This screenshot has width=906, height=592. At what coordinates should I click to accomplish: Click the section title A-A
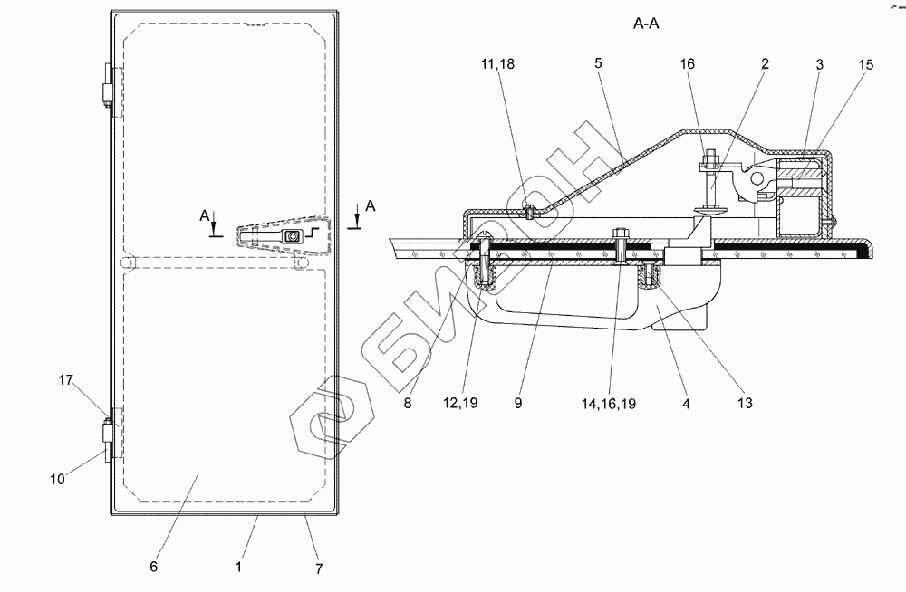click(x=647, y=25)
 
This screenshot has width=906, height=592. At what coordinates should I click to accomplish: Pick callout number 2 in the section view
click(x=765, y=64)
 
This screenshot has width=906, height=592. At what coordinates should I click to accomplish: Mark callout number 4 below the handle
click(x=686, y=404)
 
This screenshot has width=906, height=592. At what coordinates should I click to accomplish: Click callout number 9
click(x=519, y=404)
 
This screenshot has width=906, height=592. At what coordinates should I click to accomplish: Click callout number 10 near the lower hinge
click(x=57, y=480)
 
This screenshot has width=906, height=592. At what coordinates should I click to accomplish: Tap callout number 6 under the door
click(x=154, y=567)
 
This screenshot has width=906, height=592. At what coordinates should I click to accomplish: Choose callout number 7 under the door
click(x=319, y=569)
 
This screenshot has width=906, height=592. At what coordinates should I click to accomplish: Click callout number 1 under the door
click(x=237, y=567)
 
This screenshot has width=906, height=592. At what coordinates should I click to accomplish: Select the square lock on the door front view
click(x=293, y=237)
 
